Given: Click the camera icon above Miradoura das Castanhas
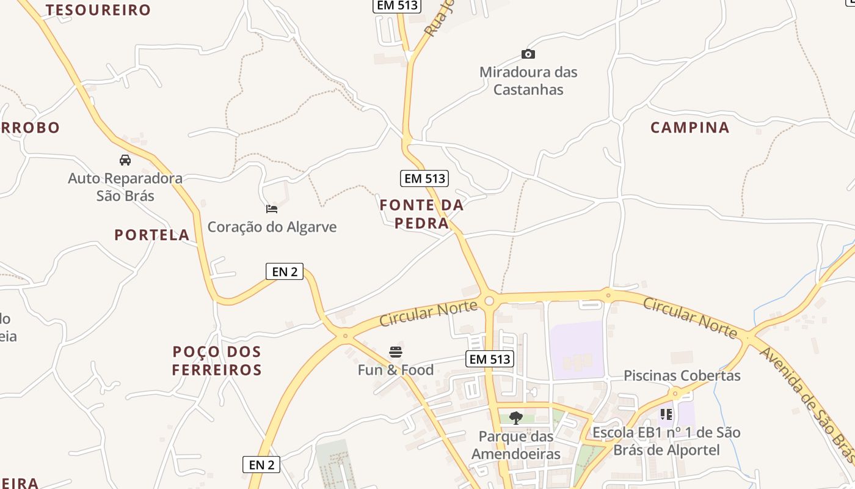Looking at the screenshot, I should (528, 54).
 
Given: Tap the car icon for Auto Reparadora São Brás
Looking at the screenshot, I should (125, 160).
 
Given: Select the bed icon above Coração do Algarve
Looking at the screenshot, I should (272, 209).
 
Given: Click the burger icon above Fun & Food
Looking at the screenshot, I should (396, 352).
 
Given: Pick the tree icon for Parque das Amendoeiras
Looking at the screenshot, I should (516, 418).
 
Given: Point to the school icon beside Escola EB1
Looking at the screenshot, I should (666, 414).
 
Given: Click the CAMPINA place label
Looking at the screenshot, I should (690, 128).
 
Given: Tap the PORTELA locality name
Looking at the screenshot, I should (152, 235).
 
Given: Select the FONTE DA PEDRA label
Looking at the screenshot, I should (421, 214).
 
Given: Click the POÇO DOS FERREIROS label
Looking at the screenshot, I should (217, 361).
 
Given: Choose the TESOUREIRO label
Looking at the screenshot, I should (98, 10).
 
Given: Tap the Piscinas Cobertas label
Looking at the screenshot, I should (682, 375).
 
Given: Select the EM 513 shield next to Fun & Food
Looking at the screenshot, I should (490, 359).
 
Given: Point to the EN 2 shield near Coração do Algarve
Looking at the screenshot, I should (285, 271).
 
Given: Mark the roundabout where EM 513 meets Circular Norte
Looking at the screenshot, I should (489, 301).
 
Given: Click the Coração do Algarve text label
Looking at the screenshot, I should (272, 227).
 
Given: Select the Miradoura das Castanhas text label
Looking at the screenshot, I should (528, 81).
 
